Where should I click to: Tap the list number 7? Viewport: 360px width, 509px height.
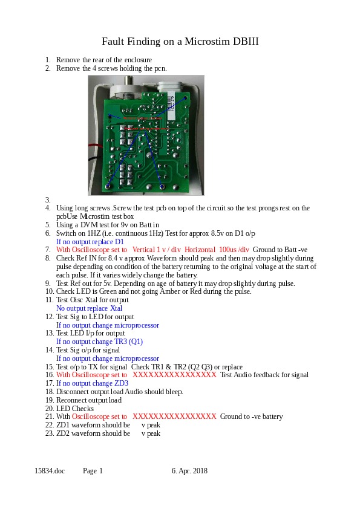tap(48, 250)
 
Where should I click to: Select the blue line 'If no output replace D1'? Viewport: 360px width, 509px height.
tap(90, 242)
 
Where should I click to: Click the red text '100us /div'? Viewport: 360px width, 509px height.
tap(234, 250)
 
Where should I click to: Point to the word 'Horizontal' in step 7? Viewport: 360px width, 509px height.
tap(200, 250)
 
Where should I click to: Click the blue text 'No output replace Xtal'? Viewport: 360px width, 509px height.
tap(90, 308)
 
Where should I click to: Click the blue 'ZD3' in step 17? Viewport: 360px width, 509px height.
tap(122, 383)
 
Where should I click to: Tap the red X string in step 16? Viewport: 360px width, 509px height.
tap(174, 375)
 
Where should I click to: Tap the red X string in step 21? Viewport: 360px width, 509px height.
tap(174, 417)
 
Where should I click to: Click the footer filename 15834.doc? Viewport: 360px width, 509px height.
tap(50, 471)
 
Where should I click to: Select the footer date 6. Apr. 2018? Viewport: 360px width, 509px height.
tap(189, 471)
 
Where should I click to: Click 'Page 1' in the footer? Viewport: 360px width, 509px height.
tap(93, 471)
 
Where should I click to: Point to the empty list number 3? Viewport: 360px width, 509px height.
tap(48, 199)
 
